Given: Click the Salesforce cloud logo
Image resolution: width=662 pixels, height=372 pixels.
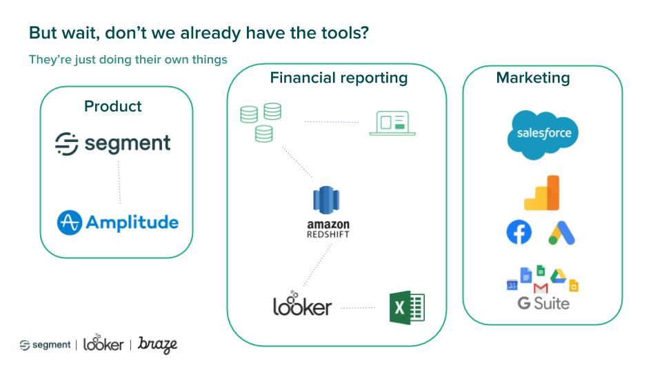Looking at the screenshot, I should [x=543, y=134].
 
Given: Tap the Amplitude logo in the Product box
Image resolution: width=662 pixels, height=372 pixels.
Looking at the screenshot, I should [x=117, y=223].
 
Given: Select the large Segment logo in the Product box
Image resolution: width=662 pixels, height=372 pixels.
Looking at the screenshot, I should [x=113, y=143].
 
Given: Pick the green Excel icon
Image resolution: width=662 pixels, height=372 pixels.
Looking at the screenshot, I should [x=407, y=307].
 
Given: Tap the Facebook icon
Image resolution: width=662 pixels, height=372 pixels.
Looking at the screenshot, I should [x=519, y=232].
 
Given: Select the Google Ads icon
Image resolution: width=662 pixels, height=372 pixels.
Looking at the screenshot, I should [x=562, y=233].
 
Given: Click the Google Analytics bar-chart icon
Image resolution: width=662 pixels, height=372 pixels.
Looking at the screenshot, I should [x=542, y=193].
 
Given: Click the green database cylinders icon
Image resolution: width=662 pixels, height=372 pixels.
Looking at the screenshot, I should [x=261, y=122].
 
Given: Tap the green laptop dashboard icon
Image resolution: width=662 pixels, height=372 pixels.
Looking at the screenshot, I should [x=392, y=123].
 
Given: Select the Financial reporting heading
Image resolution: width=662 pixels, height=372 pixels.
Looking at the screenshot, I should [x=339, y=78].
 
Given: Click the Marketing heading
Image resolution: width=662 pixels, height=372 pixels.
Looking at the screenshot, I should [x=533, y=78].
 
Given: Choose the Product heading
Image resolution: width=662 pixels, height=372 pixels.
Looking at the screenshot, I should [x=112, y=106].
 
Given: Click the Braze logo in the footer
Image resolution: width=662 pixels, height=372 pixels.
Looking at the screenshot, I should [x=158, y=344].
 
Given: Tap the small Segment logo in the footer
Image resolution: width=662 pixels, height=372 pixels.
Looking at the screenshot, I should [x=45, y=344].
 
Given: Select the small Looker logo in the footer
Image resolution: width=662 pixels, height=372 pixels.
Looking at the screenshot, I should [x=103, y=343].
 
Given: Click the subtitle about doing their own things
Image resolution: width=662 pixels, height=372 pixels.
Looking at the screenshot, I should [x=128, y=59].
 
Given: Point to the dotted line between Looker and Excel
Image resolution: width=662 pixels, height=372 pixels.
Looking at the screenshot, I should [x=357, y=307].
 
